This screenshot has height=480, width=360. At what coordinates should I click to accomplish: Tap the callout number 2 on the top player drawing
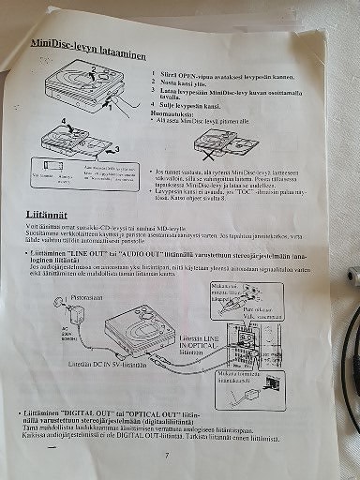(91, 69)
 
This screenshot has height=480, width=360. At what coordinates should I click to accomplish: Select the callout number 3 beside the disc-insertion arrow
(114, 147)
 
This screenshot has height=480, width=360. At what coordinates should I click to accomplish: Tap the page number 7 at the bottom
(165, 456)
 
